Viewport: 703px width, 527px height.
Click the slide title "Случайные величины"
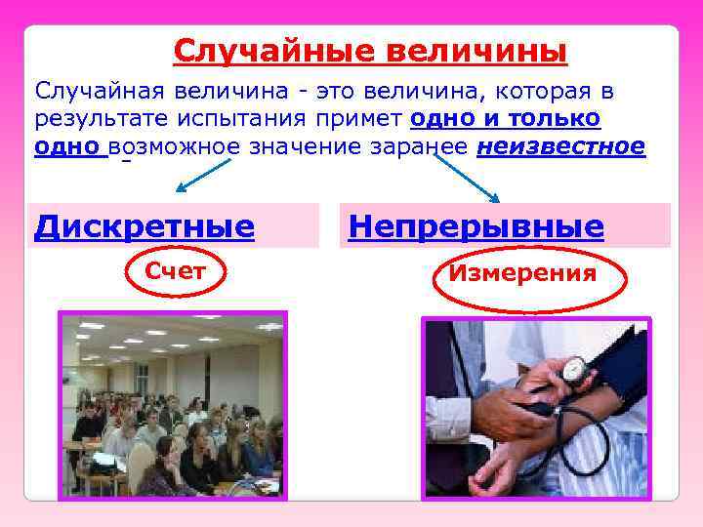pos(370,50)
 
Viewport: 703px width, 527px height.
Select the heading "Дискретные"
pos(145,226)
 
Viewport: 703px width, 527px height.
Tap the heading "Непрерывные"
pos(476,226)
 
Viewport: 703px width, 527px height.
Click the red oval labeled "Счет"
pos(175,271)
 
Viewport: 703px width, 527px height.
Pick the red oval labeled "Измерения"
pos(521,273)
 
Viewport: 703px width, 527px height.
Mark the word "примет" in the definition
pos(365,119)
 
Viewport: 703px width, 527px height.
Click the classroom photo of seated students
pos(173,406)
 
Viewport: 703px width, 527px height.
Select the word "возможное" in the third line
pos(175,146)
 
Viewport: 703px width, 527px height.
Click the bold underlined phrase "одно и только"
pos(506,119)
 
